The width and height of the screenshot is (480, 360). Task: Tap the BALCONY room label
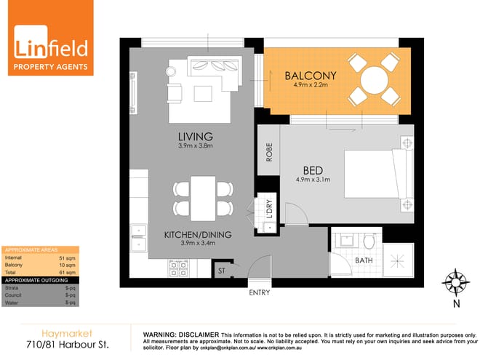310,76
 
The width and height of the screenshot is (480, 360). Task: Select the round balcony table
372,78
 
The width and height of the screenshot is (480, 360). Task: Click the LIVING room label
195,137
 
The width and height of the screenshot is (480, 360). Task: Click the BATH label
364,260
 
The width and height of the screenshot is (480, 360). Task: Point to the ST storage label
223,271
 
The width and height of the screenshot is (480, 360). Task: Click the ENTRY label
259,292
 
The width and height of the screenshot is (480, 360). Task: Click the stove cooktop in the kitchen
179,268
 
